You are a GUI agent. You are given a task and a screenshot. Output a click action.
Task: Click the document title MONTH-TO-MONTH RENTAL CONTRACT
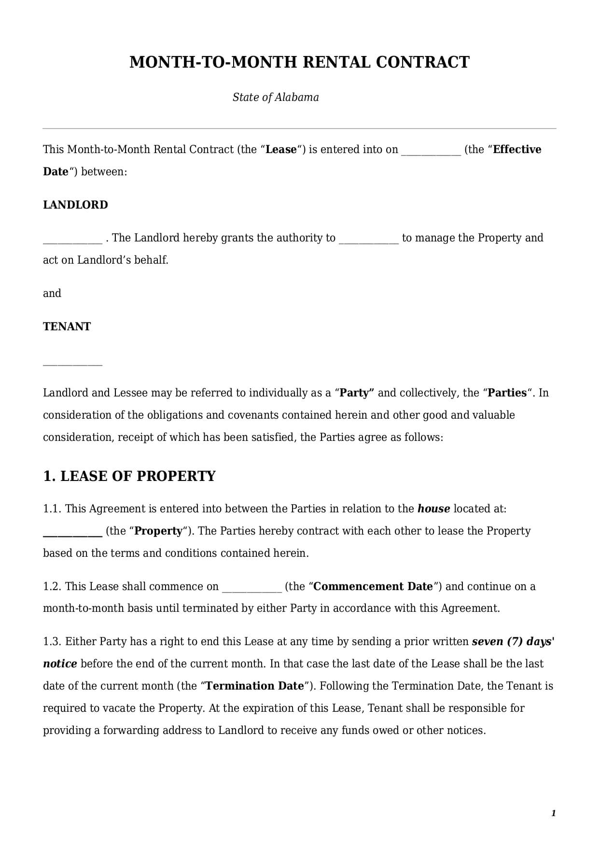(299, 62)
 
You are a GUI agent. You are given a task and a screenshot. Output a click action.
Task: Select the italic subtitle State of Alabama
(276, 97)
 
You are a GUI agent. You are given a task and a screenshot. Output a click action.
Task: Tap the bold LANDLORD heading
(75, 205)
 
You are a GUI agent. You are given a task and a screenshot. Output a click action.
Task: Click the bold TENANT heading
(67, 326)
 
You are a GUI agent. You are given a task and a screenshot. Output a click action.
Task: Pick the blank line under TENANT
(73, 363)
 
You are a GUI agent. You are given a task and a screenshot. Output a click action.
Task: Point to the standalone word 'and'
(52, 293)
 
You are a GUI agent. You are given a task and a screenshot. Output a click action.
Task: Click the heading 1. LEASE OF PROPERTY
(129, 476)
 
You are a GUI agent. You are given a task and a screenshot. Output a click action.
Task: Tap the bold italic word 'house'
(433, 508)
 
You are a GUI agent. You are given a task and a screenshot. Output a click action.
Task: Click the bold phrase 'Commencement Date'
(373, 586)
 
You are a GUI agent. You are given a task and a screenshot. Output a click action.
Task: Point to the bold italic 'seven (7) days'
(512, 641)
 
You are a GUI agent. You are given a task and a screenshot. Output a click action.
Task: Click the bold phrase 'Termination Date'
(255, 686)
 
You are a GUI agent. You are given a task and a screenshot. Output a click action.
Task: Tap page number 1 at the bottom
(553, 813)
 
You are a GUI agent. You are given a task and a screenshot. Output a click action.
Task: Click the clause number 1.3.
(52, 641)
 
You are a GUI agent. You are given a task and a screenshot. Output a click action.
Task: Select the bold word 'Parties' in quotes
(507, 393)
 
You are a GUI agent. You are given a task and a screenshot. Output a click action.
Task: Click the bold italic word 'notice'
(60, 663)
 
